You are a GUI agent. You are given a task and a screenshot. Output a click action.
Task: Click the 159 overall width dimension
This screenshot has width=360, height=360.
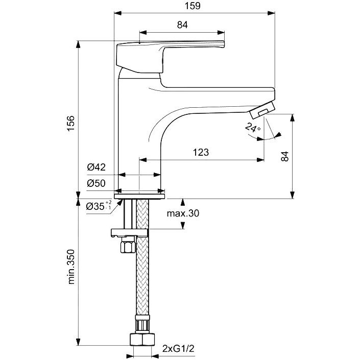pos(193,6)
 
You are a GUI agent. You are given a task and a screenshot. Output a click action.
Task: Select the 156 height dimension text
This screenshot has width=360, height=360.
pos(71,124)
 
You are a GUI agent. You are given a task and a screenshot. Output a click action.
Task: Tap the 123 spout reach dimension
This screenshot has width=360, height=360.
pos(201,152)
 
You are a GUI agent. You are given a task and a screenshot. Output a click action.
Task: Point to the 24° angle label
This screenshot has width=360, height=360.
pos(253,127)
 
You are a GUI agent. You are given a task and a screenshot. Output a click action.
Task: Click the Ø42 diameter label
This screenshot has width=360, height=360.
pos(97,167)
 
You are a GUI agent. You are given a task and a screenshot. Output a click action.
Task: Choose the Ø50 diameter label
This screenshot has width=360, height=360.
pos(96,183)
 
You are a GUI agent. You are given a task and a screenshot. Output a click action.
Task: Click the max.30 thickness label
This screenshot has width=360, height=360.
pos(183,213)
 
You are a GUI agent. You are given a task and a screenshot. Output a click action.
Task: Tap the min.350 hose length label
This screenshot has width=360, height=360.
pos(71,267)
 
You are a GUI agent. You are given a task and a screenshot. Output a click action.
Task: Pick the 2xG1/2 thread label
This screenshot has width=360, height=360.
pos(178,349)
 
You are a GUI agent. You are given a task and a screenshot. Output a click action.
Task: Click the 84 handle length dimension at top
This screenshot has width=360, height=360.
pos(182,25)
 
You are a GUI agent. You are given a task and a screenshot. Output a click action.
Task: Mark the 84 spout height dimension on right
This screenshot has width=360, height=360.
pos(285,156)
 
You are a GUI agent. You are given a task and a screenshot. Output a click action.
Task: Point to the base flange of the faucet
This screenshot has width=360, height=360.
pos(139,196)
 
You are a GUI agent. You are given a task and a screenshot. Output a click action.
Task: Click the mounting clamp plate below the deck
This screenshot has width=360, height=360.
pos(130,232)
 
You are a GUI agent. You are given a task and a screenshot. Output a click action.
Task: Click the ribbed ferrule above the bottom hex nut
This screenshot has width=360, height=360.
pos(142,324)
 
